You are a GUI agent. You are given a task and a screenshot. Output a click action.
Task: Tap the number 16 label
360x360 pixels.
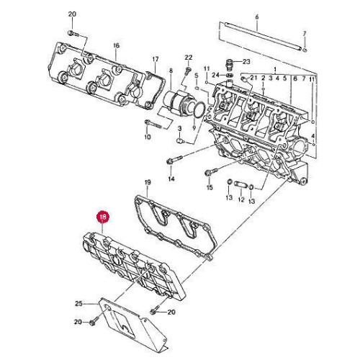coord(115,45)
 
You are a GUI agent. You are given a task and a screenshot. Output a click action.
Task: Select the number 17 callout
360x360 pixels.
coord(155,59)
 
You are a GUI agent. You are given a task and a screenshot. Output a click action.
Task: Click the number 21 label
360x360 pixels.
coord(253,77)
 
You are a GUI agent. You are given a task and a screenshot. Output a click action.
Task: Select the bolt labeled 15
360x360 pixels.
coord(209,172)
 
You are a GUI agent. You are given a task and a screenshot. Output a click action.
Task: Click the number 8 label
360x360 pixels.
coord(171,71)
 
